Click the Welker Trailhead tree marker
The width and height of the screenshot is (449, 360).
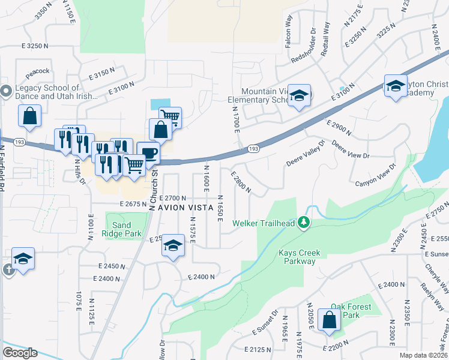pyautogui.click(x=304, y=223)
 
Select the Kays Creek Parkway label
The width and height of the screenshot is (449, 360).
pyautogui.click(x=300, y=257)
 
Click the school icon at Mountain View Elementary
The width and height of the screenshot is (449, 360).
pyautogui.click(x=298, y=96)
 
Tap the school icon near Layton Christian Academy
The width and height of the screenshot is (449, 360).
pyautogui.click(x=396, y=86)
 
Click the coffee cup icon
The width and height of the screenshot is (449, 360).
pyautogui.click(x=148, y=153)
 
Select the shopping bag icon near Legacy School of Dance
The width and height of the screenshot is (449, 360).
pyautogui.click(x=29, y=116)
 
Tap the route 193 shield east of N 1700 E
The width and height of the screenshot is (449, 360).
pyautogui.click(x=253, y=148)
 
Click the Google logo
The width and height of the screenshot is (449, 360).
pyautogui.click(x=20, y=352)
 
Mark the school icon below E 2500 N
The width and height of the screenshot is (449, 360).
pyautogui.click(x=173, y=246)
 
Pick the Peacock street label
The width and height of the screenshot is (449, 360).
pyautogui.click(x=37, y=71)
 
